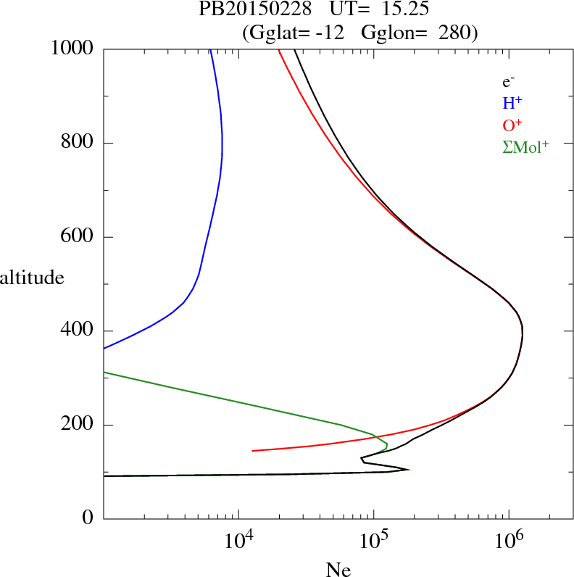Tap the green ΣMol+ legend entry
point(525,146)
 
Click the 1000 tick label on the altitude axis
point(72,49)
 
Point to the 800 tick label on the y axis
point(78,143)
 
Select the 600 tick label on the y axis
point(78,237)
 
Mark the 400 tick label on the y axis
point(78,331)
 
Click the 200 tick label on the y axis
point(78,426)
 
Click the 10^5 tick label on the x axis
point(374,540)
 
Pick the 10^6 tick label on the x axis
point(509,540)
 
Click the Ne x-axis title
point(338,570)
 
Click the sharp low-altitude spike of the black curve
point(408,469)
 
